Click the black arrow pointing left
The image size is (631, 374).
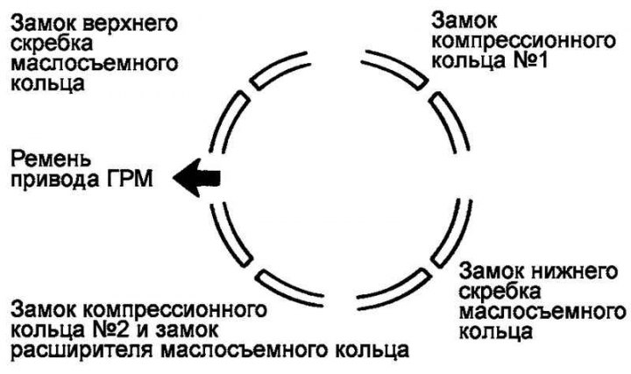[x=197, y=178]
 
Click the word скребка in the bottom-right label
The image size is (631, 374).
[x=495, y=291]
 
